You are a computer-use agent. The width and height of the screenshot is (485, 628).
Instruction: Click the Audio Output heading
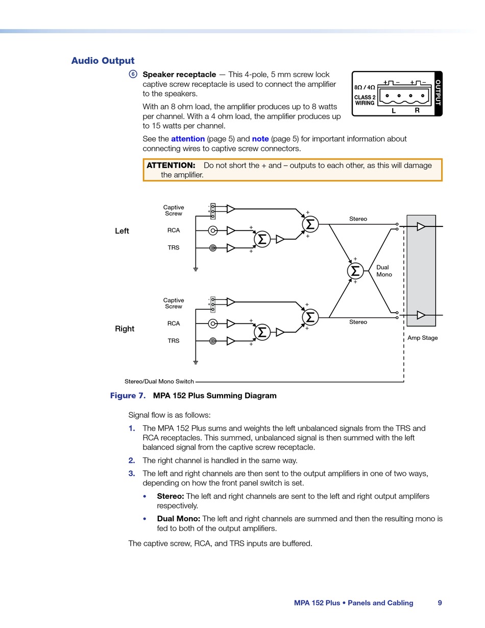pyautogui.click(x=103, y=61)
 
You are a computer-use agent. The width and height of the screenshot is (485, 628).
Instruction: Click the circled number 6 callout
pyautogui.click(x=133, y=74)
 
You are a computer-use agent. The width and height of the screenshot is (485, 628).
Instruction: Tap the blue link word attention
pyautogui.click(x=188, y=139)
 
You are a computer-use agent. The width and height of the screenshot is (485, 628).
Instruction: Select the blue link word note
pyautogui.click(x=260, y=139)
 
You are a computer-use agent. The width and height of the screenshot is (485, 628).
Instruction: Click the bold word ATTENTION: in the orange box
pyautogui.click(x=171, y=166)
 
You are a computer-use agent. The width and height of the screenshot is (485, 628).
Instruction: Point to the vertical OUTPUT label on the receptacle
pyautogui.click(x=438, y=93)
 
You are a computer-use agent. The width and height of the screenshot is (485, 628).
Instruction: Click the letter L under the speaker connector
pyautogui.click(x=394, y=111)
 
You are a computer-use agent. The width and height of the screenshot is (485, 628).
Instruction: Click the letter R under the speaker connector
pyautogui.click(x=417, y=110)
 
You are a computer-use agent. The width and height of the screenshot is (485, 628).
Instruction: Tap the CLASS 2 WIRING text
pyautogui.click(x=365, y=100)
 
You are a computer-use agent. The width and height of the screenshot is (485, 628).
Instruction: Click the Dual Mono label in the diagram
pyautogui.click(x=384, y=271)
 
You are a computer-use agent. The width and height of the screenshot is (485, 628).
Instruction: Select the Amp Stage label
pyautogui.click(x=422, y=338)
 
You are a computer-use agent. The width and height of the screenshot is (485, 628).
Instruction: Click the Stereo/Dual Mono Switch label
pyautogui.click(x=159, y=382)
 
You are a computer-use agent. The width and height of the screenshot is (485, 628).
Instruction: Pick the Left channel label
pyautogui.click(x=122, y=231)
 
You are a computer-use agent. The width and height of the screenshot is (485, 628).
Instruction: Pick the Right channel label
pyautogui.click(x=125, y=329)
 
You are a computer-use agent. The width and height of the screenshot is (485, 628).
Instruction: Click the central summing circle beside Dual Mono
pyautogui.click(x=355, y=270)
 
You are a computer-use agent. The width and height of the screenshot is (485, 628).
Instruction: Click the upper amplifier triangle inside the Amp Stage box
pyautogui.click(x=421, y=226)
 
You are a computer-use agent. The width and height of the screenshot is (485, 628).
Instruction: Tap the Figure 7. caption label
pyautogui.click(x=128, y=396)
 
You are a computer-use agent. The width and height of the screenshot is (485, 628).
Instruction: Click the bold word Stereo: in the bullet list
pyautogui.click(x=171, y=496)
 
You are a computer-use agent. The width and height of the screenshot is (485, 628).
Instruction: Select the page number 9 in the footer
pyautogui.click(x=440, y=603)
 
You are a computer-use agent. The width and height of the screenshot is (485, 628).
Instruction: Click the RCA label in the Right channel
pyautogui.click(x=174, y=323)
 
